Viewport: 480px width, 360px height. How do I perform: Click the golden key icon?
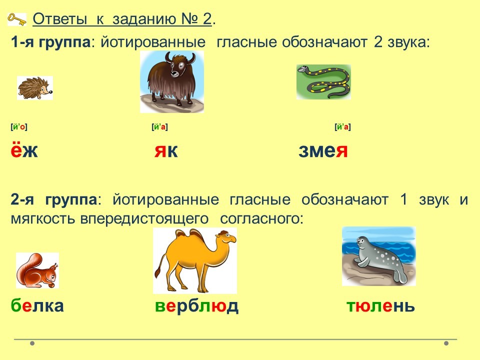(17, 18)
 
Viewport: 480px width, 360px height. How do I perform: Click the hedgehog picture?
(35, 88)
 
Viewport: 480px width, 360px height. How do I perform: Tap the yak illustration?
(171, 81)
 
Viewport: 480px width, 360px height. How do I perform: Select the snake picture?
(323, 81)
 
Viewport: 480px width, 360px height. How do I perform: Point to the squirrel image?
(37, 270)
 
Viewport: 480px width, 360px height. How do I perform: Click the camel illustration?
(195, 261)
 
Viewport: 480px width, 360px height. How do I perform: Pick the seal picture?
(378, 256)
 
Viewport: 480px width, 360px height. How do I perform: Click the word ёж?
(24, 150)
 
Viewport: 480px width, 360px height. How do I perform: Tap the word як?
(166, 151)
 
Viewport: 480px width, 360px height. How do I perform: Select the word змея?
(323, 151)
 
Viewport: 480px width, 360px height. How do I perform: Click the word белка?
(37, 305)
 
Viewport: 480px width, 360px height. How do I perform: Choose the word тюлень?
(380, 305)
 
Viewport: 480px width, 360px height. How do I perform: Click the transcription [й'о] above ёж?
(19, 126)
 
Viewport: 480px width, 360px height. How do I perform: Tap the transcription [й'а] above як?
(159, 126)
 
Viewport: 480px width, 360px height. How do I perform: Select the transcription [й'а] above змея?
(342, 126)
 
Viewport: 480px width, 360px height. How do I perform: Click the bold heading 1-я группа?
(51, 42)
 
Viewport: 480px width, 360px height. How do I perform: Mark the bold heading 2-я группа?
(54, 199)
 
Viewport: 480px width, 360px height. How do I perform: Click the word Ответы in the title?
(60, 18)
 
